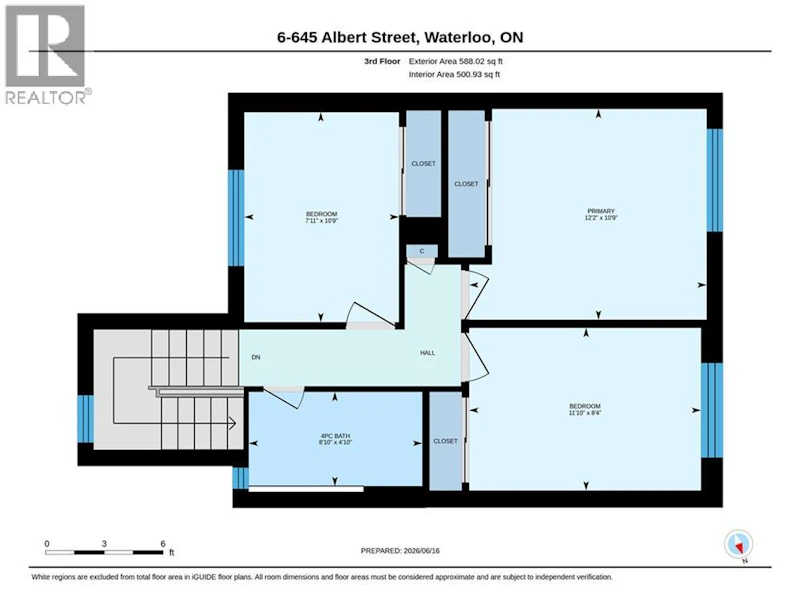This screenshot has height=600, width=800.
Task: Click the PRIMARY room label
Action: click(601, 211)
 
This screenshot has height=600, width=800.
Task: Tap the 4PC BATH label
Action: click(335, 436)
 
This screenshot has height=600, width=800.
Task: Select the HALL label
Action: click(428, 353)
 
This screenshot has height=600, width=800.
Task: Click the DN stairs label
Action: click(256, 357)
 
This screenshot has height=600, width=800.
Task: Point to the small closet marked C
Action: click(422, 251)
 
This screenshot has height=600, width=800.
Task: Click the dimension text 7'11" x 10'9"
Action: click(322, 220)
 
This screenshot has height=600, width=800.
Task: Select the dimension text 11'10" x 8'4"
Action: click(585, 413)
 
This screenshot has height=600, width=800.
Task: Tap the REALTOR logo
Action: click(47, 55)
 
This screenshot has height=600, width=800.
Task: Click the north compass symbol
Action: click(738, 545)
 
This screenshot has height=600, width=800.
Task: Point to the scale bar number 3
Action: click(104, 543)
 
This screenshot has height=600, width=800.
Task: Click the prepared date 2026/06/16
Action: click(421, 551)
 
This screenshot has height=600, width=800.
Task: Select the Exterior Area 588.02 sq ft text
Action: click(456, 61)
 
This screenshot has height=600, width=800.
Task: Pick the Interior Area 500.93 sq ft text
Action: click(454, 74)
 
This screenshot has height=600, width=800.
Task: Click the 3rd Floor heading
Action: click(382, 61)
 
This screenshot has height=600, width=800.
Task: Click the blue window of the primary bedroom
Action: click(715, 180)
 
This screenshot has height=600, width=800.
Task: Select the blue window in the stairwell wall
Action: click(86, 418)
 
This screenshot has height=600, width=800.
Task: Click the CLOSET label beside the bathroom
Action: click(445, 441)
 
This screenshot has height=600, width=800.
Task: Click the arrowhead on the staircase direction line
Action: click(232, 423)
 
